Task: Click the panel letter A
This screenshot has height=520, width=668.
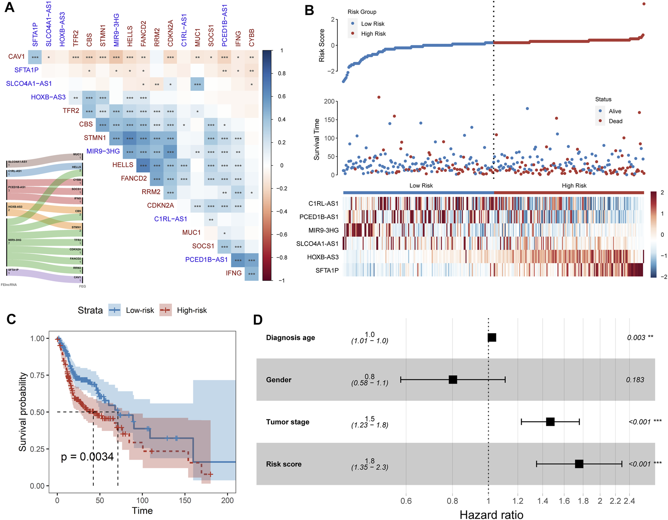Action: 9,8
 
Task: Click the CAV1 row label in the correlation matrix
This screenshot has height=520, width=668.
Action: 17,57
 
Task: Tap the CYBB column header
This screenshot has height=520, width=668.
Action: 251,38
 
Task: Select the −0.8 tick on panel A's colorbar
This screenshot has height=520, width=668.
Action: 282,258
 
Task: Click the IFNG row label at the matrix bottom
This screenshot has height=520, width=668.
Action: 234,273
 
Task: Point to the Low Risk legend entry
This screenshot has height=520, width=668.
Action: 372,24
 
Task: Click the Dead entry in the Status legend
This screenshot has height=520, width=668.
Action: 615,121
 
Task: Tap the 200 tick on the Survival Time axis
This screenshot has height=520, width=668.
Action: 329,101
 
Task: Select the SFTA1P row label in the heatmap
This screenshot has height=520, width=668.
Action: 327,270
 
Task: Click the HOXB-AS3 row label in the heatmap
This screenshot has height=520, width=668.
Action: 323,257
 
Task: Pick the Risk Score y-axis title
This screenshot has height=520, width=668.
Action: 322,45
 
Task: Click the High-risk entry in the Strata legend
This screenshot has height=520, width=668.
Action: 192,310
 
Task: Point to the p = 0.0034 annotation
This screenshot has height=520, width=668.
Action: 87,457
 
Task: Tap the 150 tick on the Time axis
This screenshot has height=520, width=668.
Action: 185,500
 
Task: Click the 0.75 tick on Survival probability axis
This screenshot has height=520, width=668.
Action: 37,375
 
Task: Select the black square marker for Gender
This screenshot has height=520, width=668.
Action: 453,380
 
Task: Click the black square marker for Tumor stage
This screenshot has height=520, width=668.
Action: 550,422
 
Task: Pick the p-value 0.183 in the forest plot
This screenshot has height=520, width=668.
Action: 635,380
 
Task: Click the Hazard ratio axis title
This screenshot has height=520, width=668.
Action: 491,515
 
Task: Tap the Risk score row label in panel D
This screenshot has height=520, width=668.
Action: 283,464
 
